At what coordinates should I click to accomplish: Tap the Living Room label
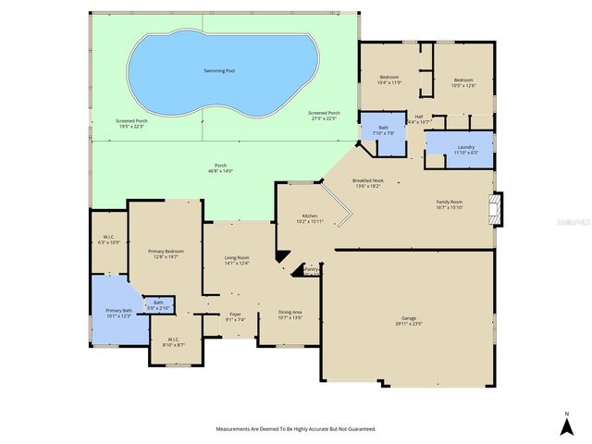[238, 260]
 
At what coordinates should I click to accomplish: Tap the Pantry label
[311, 269]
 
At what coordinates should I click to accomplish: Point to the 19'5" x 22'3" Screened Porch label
[131, 124]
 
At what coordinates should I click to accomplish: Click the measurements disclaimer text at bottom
[295, 429]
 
